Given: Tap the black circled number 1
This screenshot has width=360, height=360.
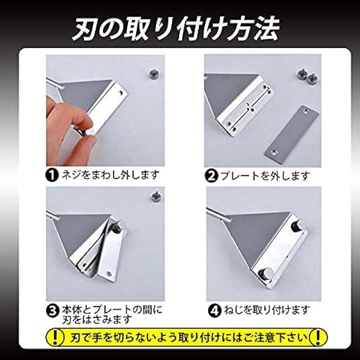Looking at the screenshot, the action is coord(52,175).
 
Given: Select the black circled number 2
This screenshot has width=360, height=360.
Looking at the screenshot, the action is coord(211,176).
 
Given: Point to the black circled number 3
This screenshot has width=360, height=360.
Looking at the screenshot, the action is coord(52,311).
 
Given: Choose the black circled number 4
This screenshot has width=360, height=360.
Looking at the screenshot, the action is coord(214,310).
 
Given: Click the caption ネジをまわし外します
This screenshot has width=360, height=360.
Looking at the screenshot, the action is coord(110,175).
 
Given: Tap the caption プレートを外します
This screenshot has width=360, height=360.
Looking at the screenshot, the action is coord(265,176).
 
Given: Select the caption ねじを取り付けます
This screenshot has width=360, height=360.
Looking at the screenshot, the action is coord(266,310).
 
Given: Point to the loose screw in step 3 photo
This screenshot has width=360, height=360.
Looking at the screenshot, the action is coord(156,197).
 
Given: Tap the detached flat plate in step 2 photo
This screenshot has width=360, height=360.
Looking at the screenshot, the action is coord(291,134).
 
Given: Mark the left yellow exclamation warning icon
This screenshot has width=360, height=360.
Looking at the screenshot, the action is coord(55,337).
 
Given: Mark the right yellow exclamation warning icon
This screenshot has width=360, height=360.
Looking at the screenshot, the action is coord(318,337).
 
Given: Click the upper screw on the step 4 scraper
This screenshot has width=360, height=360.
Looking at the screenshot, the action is coord(298,225).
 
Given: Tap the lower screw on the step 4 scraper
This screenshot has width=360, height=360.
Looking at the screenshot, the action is coord(264,273).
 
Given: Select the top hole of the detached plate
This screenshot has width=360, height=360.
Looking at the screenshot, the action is coord(306,112).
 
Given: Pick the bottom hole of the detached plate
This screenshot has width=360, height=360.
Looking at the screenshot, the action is coord(274,152).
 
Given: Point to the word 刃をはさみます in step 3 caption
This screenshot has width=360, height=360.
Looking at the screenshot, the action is coord(96,319).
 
